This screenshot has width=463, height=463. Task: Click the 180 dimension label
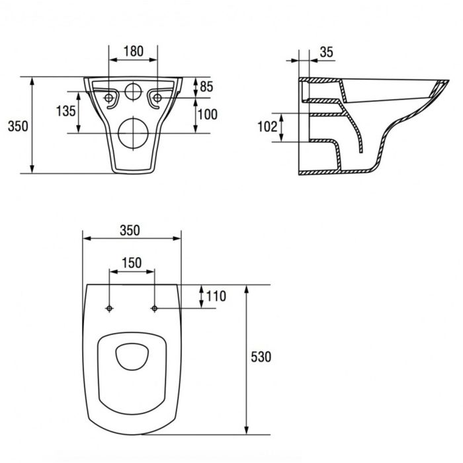[x=134, y=51]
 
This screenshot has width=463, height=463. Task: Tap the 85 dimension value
[x=206, y=87]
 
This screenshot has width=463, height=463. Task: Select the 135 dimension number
[x=66, y=111]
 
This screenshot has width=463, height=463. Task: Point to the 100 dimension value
[x=208, y=114]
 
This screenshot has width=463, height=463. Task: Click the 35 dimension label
[x=326, y=52]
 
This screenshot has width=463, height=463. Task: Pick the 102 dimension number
[x=267, y=127]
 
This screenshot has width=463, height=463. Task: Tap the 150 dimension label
[x=132, y=263]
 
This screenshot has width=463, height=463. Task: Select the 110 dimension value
[x=216, y=296]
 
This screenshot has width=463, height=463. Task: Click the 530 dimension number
[x=261, y=357]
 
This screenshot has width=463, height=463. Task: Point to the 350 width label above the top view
[x=130, y=230]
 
